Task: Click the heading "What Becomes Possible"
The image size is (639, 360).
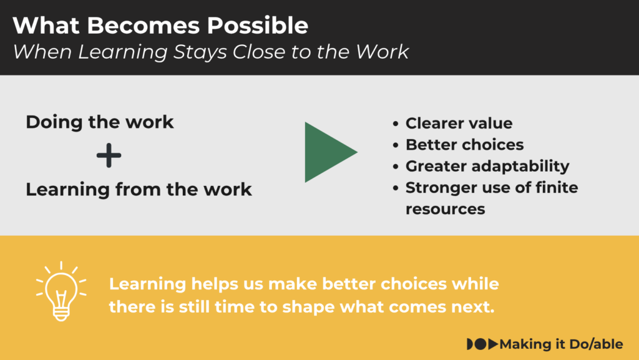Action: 160,25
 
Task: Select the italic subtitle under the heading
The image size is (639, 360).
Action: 210,52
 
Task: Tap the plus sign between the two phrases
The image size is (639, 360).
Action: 109,155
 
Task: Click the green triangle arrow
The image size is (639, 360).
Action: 331,152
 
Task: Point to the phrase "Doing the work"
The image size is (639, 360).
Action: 100,122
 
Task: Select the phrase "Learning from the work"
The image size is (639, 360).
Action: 139,190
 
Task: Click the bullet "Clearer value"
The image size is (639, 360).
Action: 459,123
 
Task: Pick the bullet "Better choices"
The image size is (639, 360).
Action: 464,145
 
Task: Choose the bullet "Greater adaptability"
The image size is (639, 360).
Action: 487,166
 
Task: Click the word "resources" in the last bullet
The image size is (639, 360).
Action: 446,209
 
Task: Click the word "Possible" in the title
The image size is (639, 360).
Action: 258,25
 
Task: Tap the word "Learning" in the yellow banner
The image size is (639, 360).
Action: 147,285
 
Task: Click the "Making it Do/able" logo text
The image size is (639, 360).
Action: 561,344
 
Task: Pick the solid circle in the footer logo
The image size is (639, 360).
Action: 481,344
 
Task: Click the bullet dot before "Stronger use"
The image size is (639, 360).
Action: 395,188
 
